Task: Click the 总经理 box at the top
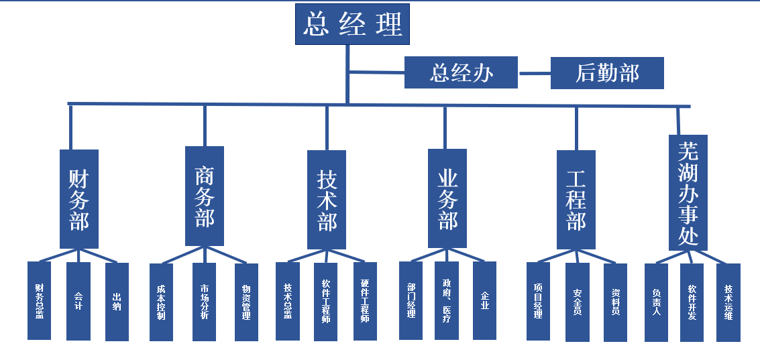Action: [352, 25]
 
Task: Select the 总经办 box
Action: [461, 72]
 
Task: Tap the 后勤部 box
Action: [607, 72]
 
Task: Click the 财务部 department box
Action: [79, 199]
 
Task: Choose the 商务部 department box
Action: [205, 196]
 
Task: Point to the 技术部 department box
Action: [327, 200]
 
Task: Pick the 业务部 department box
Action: [447, 198]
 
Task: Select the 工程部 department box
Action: [576, 200]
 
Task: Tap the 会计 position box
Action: [78, 301]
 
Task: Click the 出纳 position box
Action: [117, 301]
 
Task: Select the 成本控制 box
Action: [161, 301]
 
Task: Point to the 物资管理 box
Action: [246, 302]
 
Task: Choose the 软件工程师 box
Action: [326, 301]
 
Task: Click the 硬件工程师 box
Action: [365, 301]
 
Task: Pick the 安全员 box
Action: [578, 302]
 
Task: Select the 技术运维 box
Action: [728, 302]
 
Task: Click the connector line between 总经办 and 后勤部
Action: [535, 72]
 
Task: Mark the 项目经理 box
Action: [538, 301]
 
